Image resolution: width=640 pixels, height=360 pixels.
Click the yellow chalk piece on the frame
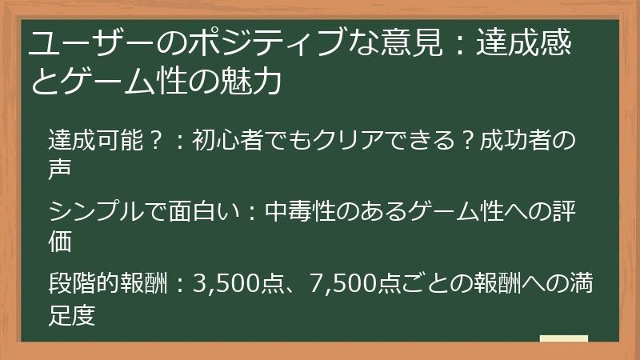tap(563, 339)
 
